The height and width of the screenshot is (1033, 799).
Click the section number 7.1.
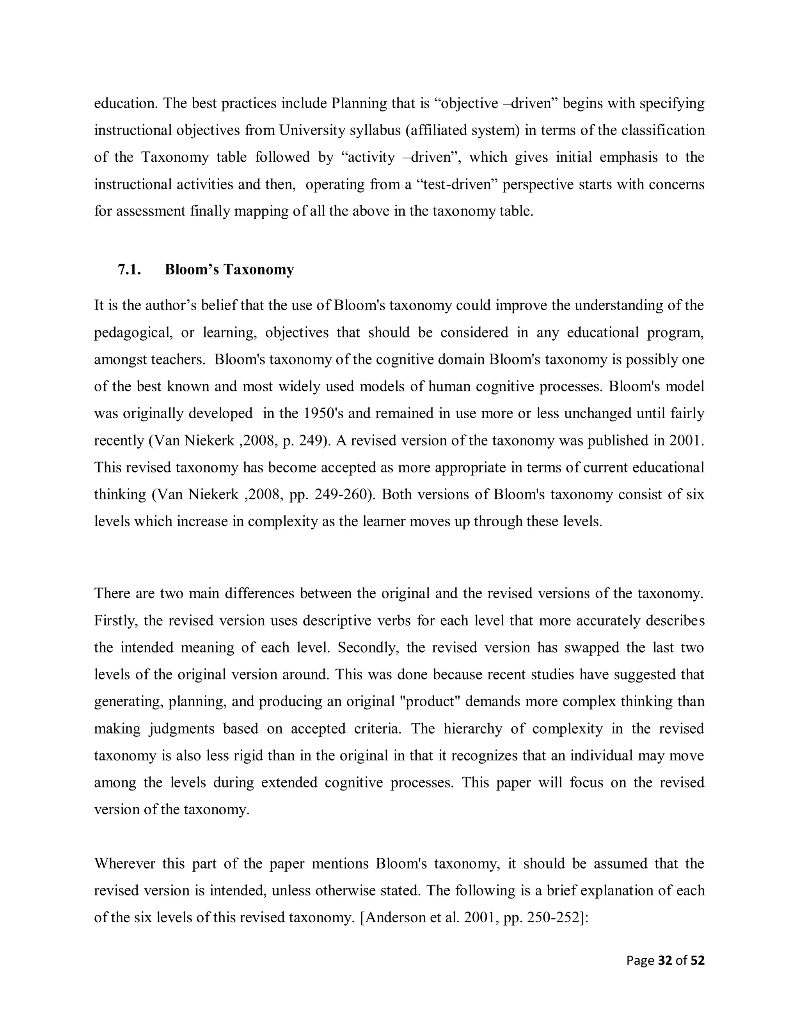(129, 270)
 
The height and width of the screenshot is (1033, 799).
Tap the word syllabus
(375, 130)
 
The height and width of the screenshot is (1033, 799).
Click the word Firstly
(115, 620)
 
